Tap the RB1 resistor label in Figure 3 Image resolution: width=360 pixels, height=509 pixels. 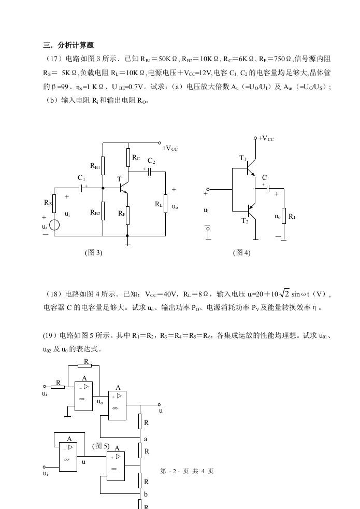pos(96,166)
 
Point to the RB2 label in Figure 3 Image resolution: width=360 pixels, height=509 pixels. pos(95,212)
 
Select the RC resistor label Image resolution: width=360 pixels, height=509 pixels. pos(136,157)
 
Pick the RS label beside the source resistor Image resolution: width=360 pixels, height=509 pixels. pos(48,202)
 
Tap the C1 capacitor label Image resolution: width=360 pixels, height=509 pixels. pos(81,178)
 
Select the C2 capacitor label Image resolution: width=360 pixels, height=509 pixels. pos(151,161)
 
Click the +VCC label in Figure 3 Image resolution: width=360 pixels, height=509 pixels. pos(170,149)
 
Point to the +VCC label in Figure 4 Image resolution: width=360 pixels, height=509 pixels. pos(266,138)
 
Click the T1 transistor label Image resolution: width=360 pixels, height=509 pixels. pos(243,158)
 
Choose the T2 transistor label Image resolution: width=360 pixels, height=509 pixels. pos(244,220)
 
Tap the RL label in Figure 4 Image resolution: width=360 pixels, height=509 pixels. pos(293,217)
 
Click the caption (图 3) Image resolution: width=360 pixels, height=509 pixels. pos(93,252)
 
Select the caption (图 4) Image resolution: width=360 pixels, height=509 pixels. pos(242,252)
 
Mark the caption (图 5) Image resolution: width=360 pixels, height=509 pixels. pos(100,445)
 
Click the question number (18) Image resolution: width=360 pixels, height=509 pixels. pos(51,294)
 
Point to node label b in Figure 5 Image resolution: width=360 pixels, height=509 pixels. pos(146,494)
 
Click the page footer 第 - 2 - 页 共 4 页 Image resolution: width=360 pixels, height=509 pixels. pos(187,471)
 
